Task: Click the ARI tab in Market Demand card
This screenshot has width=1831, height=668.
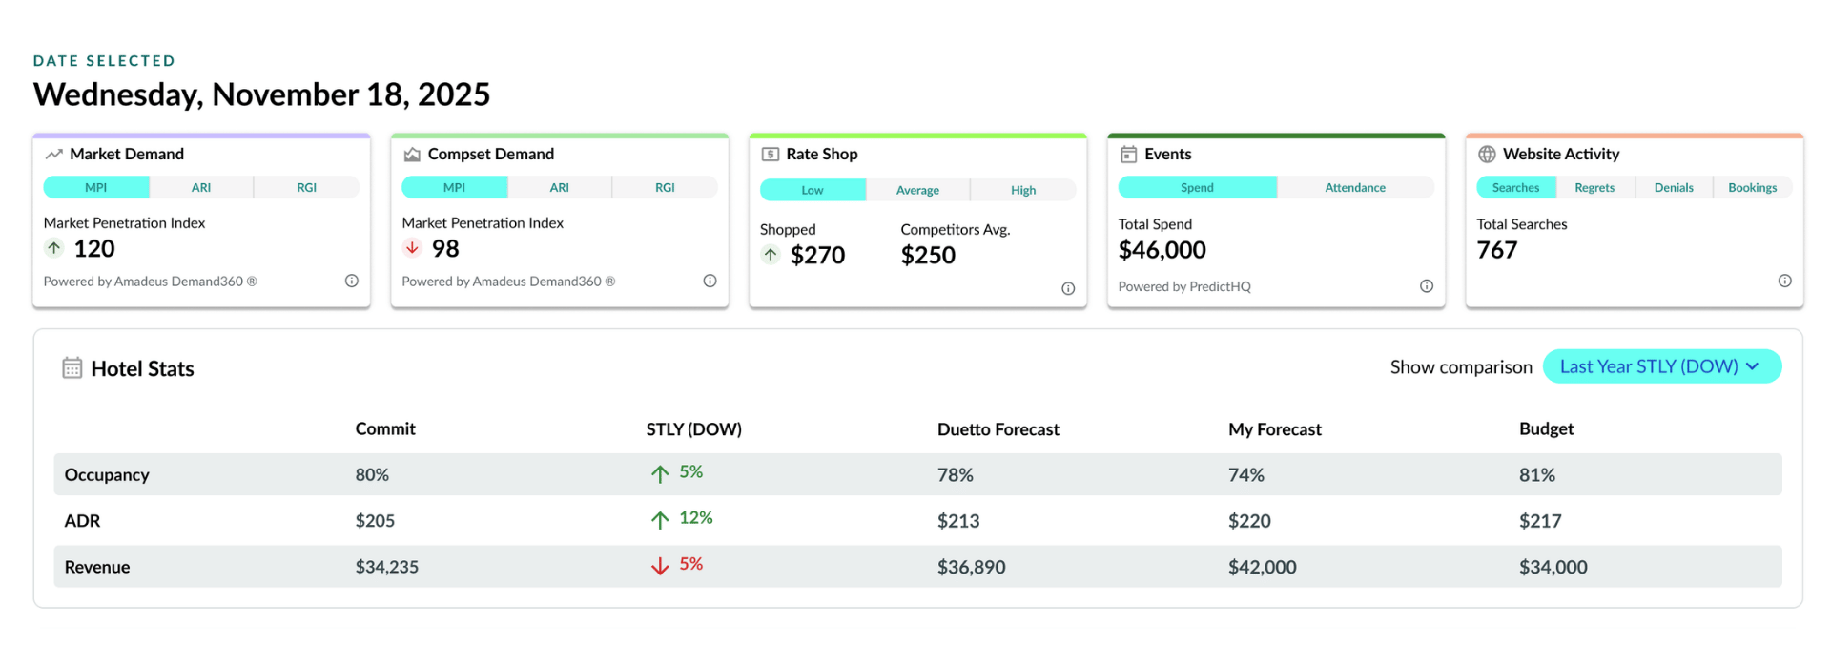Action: [x=201, y=187]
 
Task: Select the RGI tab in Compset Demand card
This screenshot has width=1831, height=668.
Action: [x=665, y=187]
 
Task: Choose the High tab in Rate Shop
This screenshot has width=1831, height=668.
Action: [x=1023, y=190]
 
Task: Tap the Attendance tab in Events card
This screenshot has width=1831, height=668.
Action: [x=1355, y=187]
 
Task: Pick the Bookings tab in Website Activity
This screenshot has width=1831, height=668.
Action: [x=1753, y=187]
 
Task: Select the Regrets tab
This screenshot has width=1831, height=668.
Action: [x=1594, y=187]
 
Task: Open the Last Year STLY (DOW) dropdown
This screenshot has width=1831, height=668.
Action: [x=1661, y=366]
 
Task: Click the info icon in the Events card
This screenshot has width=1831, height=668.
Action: [x=1427, y=286]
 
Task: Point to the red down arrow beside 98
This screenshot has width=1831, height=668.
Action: [x=412, y=248]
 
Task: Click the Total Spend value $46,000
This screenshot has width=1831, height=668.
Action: [x=1162, y=250]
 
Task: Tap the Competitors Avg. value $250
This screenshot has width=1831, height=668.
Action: [x=928, y=255]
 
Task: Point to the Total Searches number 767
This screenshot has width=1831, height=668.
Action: [x=1496, y=250]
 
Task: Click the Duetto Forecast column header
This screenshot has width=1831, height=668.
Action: [x=998, y=429]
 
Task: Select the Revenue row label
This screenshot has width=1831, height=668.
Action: [x=97, y=567]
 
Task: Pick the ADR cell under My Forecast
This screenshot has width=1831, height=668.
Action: [x=1249, y=521]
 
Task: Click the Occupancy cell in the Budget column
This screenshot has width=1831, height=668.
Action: [x=1537, y=475]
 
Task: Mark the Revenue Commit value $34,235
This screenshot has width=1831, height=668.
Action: [x=387, y=567]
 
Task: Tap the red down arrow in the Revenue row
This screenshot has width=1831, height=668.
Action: [x=660, y=566]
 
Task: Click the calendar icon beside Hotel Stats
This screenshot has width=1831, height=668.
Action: [x=72, y=368]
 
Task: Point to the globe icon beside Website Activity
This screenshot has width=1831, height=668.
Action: [x=1487, y=154]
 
